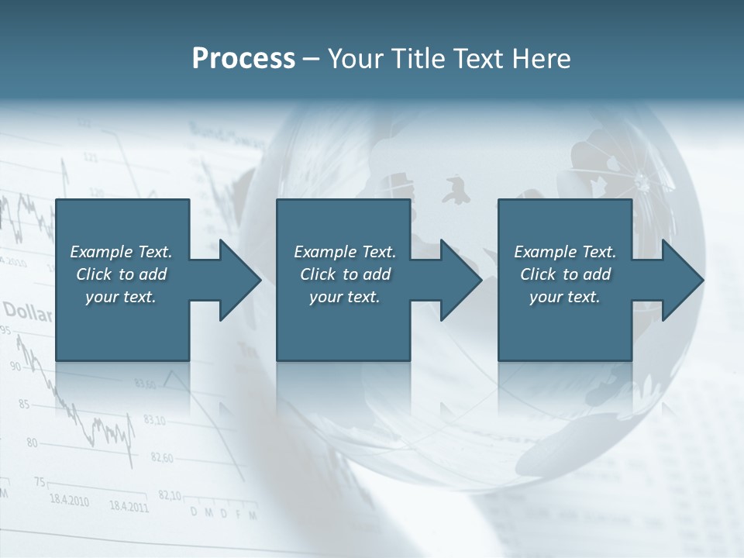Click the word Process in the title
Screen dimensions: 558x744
(243, 59)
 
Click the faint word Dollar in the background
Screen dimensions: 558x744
(27, 313)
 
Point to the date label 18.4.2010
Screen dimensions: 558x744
(69, 501)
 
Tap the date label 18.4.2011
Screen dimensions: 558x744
(129, 507)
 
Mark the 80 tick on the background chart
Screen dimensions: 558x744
(32, 443)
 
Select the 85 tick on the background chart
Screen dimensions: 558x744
(24, 404)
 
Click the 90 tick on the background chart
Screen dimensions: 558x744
(16, 365)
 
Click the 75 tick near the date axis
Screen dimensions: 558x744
(40, 482)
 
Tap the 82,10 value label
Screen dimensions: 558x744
(170, 495)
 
